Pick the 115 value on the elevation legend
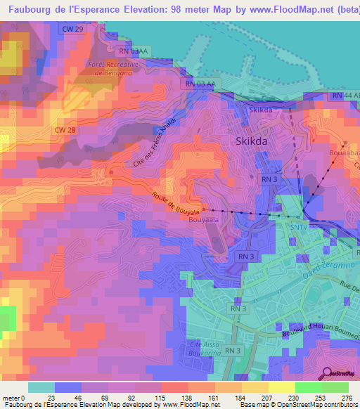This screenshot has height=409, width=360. tap(160, 397)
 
